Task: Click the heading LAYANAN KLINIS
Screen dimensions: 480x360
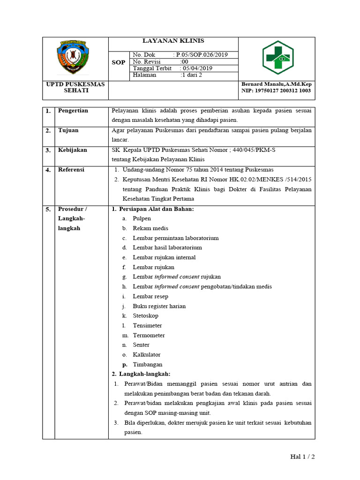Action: [x=173, y=41]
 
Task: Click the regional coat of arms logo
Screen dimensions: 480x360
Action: [x=75, y=58]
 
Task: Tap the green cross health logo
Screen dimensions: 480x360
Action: [x=277, y=58]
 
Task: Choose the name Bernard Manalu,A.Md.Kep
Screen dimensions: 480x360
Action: [x=276, y=84]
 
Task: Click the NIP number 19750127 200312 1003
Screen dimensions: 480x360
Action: [x=276, y=91]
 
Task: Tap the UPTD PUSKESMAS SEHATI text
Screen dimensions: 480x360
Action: [x=75, y=88]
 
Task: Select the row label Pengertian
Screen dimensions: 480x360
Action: [x=73, y=111]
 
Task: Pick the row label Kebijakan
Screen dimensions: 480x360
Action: [x=72, y=150]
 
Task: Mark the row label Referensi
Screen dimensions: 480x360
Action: [x=71, y=170]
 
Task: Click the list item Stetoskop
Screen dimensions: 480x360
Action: [x=145, y=316]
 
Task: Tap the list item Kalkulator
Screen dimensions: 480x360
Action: [x=146, y=355]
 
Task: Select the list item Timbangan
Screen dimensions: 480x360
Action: [x=147, y=364]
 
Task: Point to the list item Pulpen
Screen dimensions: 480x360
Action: [x=142, y=218]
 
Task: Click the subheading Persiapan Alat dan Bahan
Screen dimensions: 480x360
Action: [x=156, y=209]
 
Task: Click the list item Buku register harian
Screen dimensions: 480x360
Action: [x=159, y=306]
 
